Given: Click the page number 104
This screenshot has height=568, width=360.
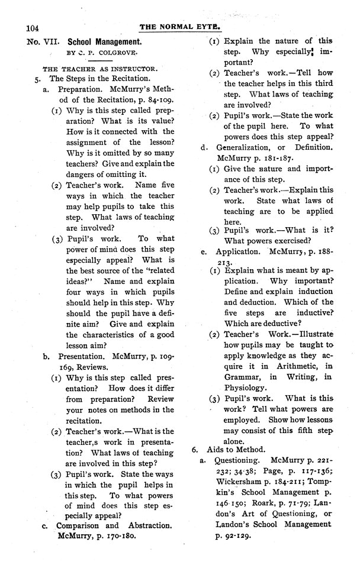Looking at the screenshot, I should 28,28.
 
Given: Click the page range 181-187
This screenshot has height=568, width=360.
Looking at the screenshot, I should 277,158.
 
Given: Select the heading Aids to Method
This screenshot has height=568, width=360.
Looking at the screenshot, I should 233,450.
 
